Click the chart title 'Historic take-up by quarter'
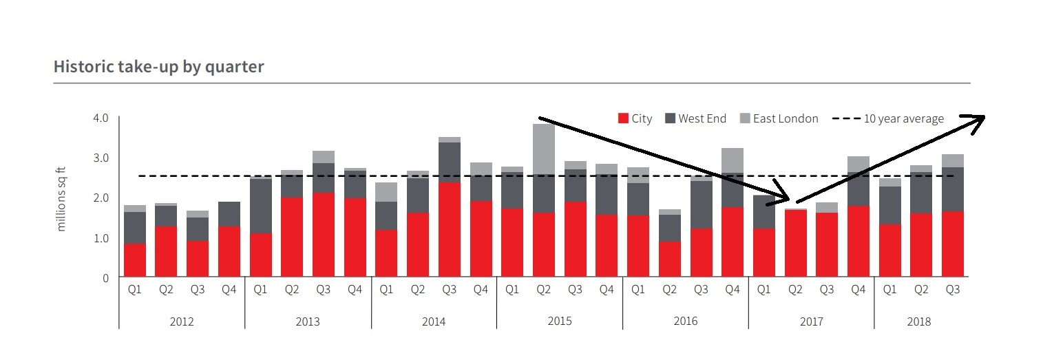coord(159,67)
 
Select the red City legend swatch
coord(623,118)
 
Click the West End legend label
coord(702,118)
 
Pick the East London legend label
coord(786,118)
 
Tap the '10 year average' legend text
coord(904,118)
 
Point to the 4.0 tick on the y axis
coord(101,118)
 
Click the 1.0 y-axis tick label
coord(101,238)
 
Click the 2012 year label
coord(182,321)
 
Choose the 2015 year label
coord(559,321)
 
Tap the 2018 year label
coord(919,321)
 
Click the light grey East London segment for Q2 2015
coord(543,149)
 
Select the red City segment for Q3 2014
coord(449,229)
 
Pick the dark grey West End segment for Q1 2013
coord(260,206)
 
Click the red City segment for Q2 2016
coord(669,259)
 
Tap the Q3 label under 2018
coord(952,290)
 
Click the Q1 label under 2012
coord(135,290)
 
